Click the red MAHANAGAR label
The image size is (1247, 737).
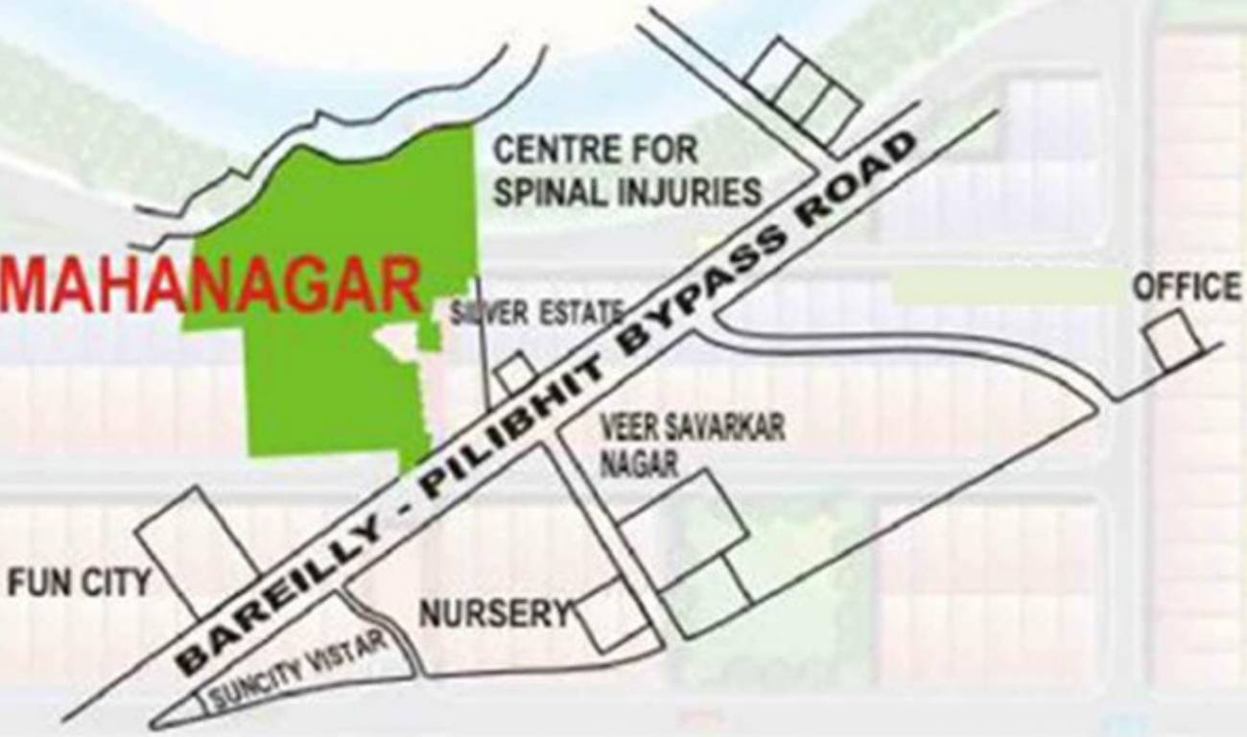pos(211,285)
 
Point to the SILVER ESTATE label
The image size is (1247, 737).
pos(537,312)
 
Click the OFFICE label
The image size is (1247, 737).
pos(1187,287)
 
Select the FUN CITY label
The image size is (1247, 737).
pos(79,582)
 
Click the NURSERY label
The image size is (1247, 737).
pos(494,612)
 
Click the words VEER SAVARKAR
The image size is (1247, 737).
pos(692,428)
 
